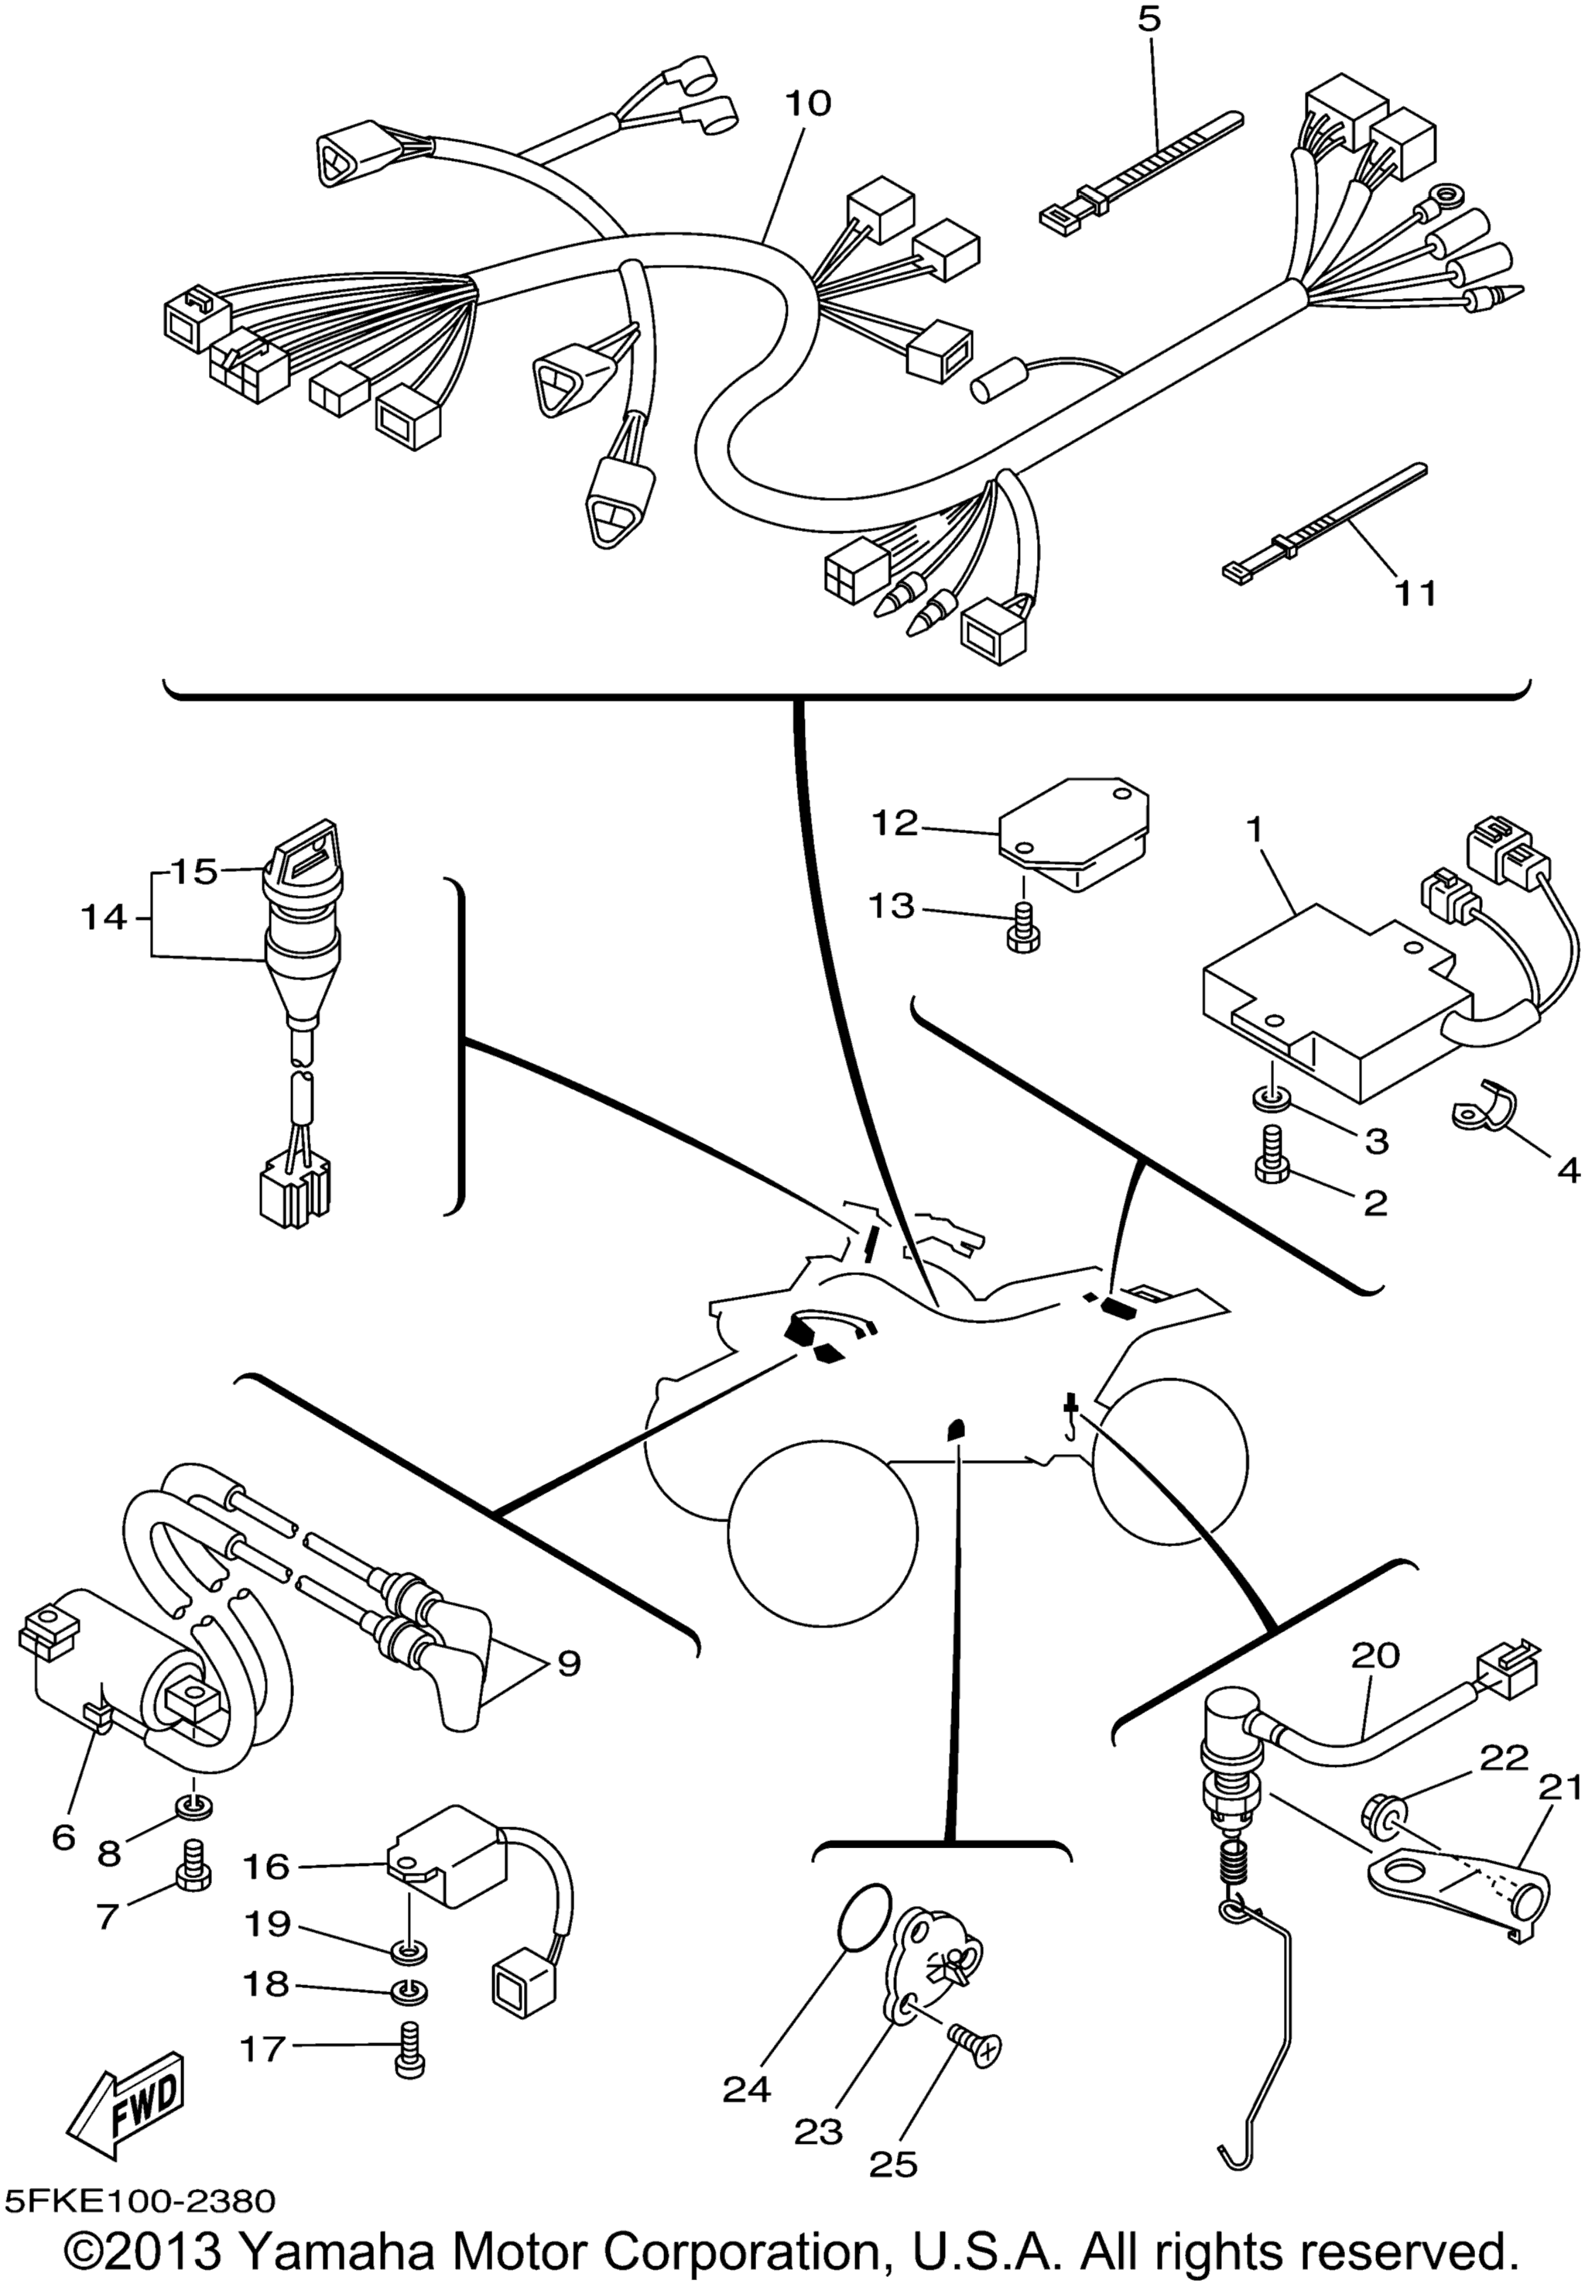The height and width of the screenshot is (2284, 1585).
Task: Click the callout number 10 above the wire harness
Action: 809,102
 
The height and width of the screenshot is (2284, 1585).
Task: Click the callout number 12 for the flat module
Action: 895,822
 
